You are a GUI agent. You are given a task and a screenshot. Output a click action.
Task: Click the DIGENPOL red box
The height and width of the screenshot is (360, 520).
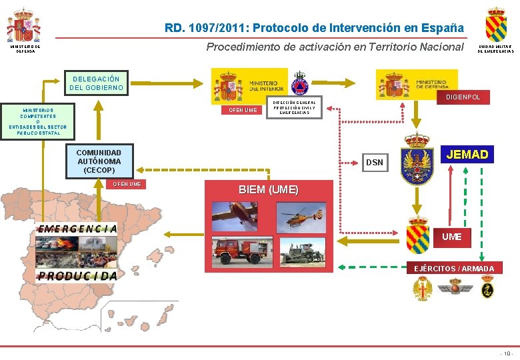tap(467, 97)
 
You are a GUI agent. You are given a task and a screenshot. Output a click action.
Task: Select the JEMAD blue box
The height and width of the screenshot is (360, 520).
tap(467, 155)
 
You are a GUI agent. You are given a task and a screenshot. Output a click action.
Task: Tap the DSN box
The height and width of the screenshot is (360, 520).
tap(375, 162)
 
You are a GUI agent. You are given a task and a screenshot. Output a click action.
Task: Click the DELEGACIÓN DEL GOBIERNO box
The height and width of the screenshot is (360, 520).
tap(96, 83)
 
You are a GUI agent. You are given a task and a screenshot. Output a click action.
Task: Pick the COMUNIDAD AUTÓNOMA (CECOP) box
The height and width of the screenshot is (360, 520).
tap(99, 161)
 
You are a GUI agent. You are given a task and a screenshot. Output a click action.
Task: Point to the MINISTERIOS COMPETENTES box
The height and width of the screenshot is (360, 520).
tap(38, 121)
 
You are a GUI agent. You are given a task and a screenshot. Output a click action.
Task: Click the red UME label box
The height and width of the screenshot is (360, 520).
tap(451, 237)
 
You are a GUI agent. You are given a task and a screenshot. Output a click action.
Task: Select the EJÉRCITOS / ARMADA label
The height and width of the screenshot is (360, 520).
tap(454, 269)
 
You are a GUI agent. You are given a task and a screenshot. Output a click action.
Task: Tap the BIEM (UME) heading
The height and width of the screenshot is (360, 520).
tap(269, 189)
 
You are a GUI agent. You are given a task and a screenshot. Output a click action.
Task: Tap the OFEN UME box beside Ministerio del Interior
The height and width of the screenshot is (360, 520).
tap(242, 110)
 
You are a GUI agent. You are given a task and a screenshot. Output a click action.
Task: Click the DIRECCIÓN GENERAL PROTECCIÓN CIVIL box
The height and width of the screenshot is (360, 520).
tap(294, 107)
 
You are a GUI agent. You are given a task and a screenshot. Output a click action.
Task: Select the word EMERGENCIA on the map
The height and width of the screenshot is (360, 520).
tap(77, 228)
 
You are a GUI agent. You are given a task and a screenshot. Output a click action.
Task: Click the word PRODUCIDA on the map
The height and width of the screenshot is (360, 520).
tap(77, 275)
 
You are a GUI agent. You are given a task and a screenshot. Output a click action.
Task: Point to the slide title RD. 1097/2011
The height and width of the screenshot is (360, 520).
tap(314, 28)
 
